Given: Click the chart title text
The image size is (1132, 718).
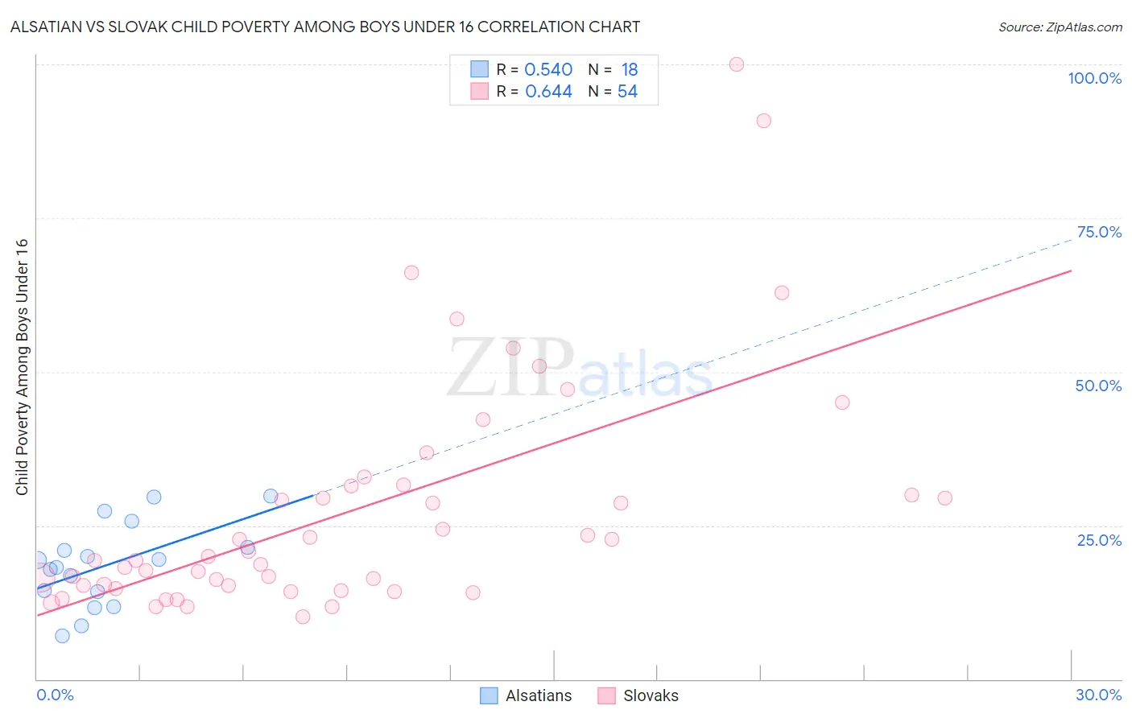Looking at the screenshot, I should pyautogui.click(x=325, y=27).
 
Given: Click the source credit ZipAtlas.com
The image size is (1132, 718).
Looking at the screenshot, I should pyautogui.click(x=1060, y=27).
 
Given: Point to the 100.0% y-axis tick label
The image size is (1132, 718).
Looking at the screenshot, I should pyautogui.click(x=1094, y=78).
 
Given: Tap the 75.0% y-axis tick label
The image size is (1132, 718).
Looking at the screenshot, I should pyautogui.click(x=1099, y=232).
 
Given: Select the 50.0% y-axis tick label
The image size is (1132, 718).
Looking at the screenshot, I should pyautogui.click(x=1098, y=386).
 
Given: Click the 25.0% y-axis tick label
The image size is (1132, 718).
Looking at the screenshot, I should pyautogui.click(x=1099, y=539).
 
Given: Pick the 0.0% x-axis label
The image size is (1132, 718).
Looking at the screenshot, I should pyautogui.click(x=55, y=695).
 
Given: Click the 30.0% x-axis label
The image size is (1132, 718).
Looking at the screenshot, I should pyautogui.click(x=1098, y=695).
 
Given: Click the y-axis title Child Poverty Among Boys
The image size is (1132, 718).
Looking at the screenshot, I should pyautogui.click(x=22, y=367).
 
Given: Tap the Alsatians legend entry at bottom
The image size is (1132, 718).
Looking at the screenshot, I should pyautogui.click(x=527, y=695).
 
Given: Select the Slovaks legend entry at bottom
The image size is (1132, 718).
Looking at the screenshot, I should pyautogui.click(x=638, y=695).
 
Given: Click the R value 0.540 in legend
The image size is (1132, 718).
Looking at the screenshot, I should pyautogui.click(x=548, y=70).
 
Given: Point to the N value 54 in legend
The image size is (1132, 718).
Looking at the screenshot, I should pyautogui.click(x=627, y=92).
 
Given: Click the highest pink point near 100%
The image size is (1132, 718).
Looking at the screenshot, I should pyautogui.click(x=736, y=64).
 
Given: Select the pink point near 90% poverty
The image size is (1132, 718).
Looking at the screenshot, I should pyautogui.click(x=763, y=121).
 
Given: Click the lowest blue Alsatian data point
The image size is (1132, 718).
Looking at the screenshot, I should pyautogui.click(x=62, y=636).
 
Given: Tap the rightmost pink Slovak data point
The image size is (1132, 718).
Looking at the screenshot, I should pyautogui.click(x=944, y=498).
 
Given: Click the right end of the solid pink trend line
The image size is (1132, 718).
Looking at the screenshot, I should pyautogui.click(x=1071, y=270).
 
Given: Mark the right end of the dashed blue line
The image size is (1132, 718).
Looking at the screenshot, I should pyautogui.click(x=1071, y=241).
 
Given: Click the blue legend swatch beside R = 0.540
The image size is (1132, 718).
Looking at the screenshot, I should pyautogui.click(x=479, y=69).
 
